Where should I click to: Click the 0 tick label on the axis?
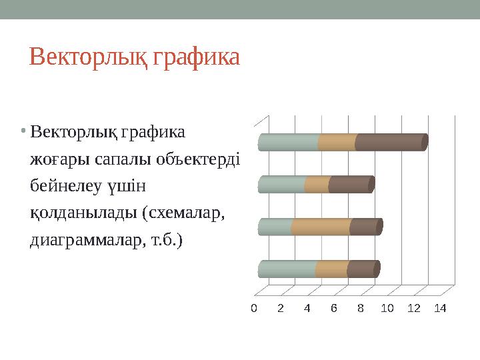(x=253, y=308)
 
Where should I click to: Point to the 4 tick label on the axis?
(x=307, y=308)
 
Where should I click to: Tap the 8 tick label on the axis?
(x=360, y=308)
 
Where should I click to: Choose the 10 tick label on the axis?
(x=387, y=308)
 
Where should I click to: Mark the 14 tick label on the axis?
(x=440, y=308)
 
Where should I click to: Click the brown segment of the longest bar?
(x=390, y=143)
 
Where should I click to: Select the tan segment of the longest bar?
(x=337, y=143)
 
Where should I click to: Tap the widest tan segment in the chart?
(x=321, y=227)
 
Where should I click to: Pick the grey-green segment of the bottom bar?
(x=287, y=269)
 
